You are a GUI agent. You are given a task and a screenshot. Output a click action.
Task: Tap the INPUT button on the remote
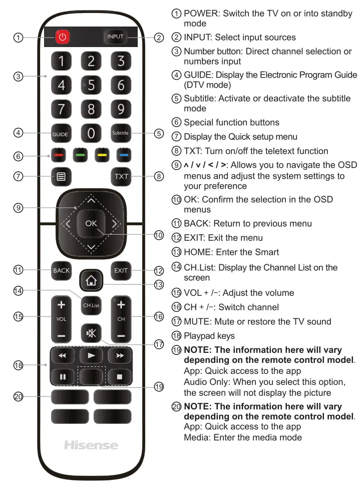(115, 37)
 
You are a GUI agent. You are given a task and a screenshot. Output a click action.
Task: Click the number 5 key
(91, 85)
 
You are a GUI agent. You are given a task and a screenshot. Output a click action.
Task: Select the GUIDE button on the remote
(61, 134)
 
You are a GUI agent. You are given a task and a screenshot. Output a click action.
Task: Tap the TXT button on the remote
(121, 177)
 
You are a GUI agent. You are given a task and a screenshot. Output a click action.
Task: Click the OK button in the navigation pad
(91, 223)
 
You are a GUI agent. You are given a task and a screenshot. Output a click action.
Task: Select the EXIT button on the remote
(121, 271)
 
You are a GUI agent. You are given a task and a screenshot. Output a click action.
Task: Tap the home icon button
(91, 280)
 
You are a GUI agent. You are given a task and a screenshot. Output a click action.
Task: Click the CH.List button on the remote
(91, 305)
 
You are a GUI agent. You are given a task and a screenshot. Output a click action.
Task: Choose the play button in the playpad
(91, 355)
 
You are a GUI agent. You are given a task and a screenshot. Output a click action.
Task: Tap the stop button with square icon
(121, 376)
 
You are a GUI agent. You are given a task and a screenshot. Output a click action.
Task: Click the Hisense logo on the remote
(91, 445)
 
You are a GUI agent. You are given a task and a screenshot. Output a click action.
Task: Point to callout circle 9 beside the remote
(18, 208)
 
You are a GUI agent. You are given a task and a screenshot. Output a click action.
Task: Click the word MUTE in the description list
(198, 321)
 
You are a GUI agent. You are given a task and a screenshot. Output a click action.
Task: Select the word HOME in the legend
(197, 252)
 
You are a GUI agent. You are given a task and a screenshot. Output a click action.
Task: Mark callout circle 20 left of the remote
(18, 396)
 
